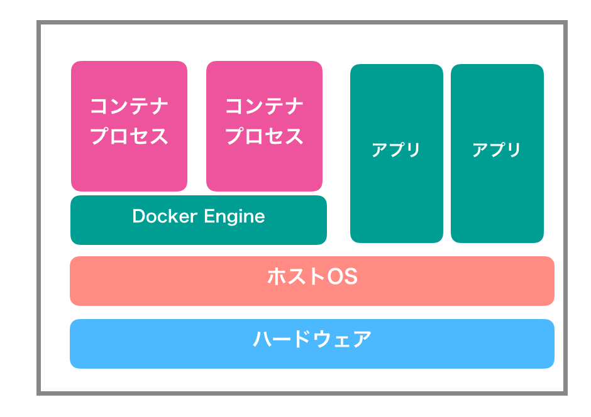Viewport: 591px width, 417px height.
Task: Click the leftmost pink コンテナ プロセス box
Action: click(x=129, y=126)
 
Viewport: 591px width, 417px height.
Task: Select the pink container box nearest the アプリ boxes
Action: click(x=264, y=126)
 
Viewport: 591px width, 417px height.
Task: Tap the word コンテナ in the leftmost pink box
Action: click(x=129, y=106)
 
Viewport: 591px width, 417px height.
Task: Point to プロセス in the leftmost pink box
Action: click(x=129, y=136)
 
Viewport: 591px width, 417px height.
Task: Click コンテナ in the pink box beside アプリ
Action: click(x=264, y=106)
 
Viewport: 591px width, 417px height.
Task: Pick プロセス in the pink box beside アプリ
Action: click(x=264, y=136)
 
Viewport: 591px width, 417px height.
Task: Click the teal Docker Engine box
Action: click(x=199, y=220)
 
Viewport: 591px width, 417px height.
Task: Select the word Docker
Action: click(x=165, y=216)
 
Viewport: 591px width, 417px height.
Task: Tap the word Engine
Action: click(x=235, y=217)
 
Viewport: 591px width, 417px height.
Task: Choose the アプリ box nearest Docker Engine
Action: click(x=397, y=154)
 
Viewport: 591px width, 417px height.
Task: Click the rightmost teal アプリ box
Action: click(x=497, y=154)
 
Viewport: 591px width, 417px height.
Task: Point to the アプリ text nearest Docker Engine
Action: click(x=395, y=150)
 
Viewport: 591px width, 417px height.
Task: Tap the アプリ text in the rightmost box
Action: click(x=497, y=150)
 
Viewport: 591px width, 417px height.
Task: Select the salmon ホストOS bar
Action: click(x=312, y=281)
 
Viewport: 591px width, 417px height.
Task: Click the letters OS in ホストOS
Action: click(x=342, y=276)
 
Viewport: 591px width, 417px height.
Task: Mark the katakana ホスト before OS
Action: click(x=296, y=276)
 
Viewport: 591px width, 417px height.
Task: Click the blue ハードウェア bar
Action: click(x=312, y=344)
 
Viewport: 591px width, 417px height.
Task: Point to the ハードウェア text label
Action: click(x=312, y=339)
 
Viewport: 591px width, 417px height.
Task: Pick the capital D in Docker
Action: click(x=139, y=216)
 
